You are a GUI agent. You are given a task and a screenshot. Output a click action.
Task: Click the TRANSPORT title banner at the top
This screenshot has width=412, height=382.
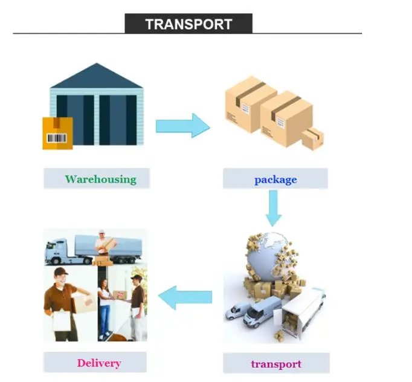click(188, 24)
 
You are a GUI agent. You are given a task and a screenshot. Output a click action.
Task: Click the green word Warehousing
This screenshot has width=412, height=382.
click(100, 179)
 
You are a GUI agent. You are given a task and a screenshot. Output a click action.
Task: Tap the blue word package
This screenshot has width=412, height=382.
click(275, 179)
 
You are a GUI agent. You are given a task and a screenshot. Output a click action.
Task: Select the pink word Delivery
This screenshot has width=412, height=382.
click(98, 363)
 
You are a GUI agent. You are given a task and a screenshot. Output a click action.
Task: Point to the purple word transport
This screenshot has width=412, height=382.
click(275, 364)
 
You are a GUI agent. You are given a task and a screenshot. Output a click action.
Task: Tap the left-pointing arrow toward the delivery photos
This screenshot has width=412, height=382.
click(185, 297)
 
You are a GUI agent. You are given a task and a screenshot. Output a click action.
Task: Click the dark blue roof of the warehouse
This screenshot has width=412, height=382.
click(97, 77)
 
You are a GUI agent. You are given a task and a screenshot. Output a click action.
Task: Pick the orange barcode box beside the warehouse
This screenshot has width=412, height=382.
click(57, 133)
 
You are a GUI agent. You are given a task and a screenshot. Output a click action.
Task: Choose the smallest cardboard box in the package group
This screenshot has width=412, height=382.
click(313, 140)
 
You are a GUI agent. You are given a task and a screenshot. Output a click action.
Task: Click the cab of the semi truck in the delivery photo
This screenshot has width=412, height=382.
click(56, 252)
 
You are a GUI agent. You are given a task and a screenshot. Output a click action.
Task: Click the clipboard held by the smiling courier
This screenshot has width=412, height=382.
click(62, 320)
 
